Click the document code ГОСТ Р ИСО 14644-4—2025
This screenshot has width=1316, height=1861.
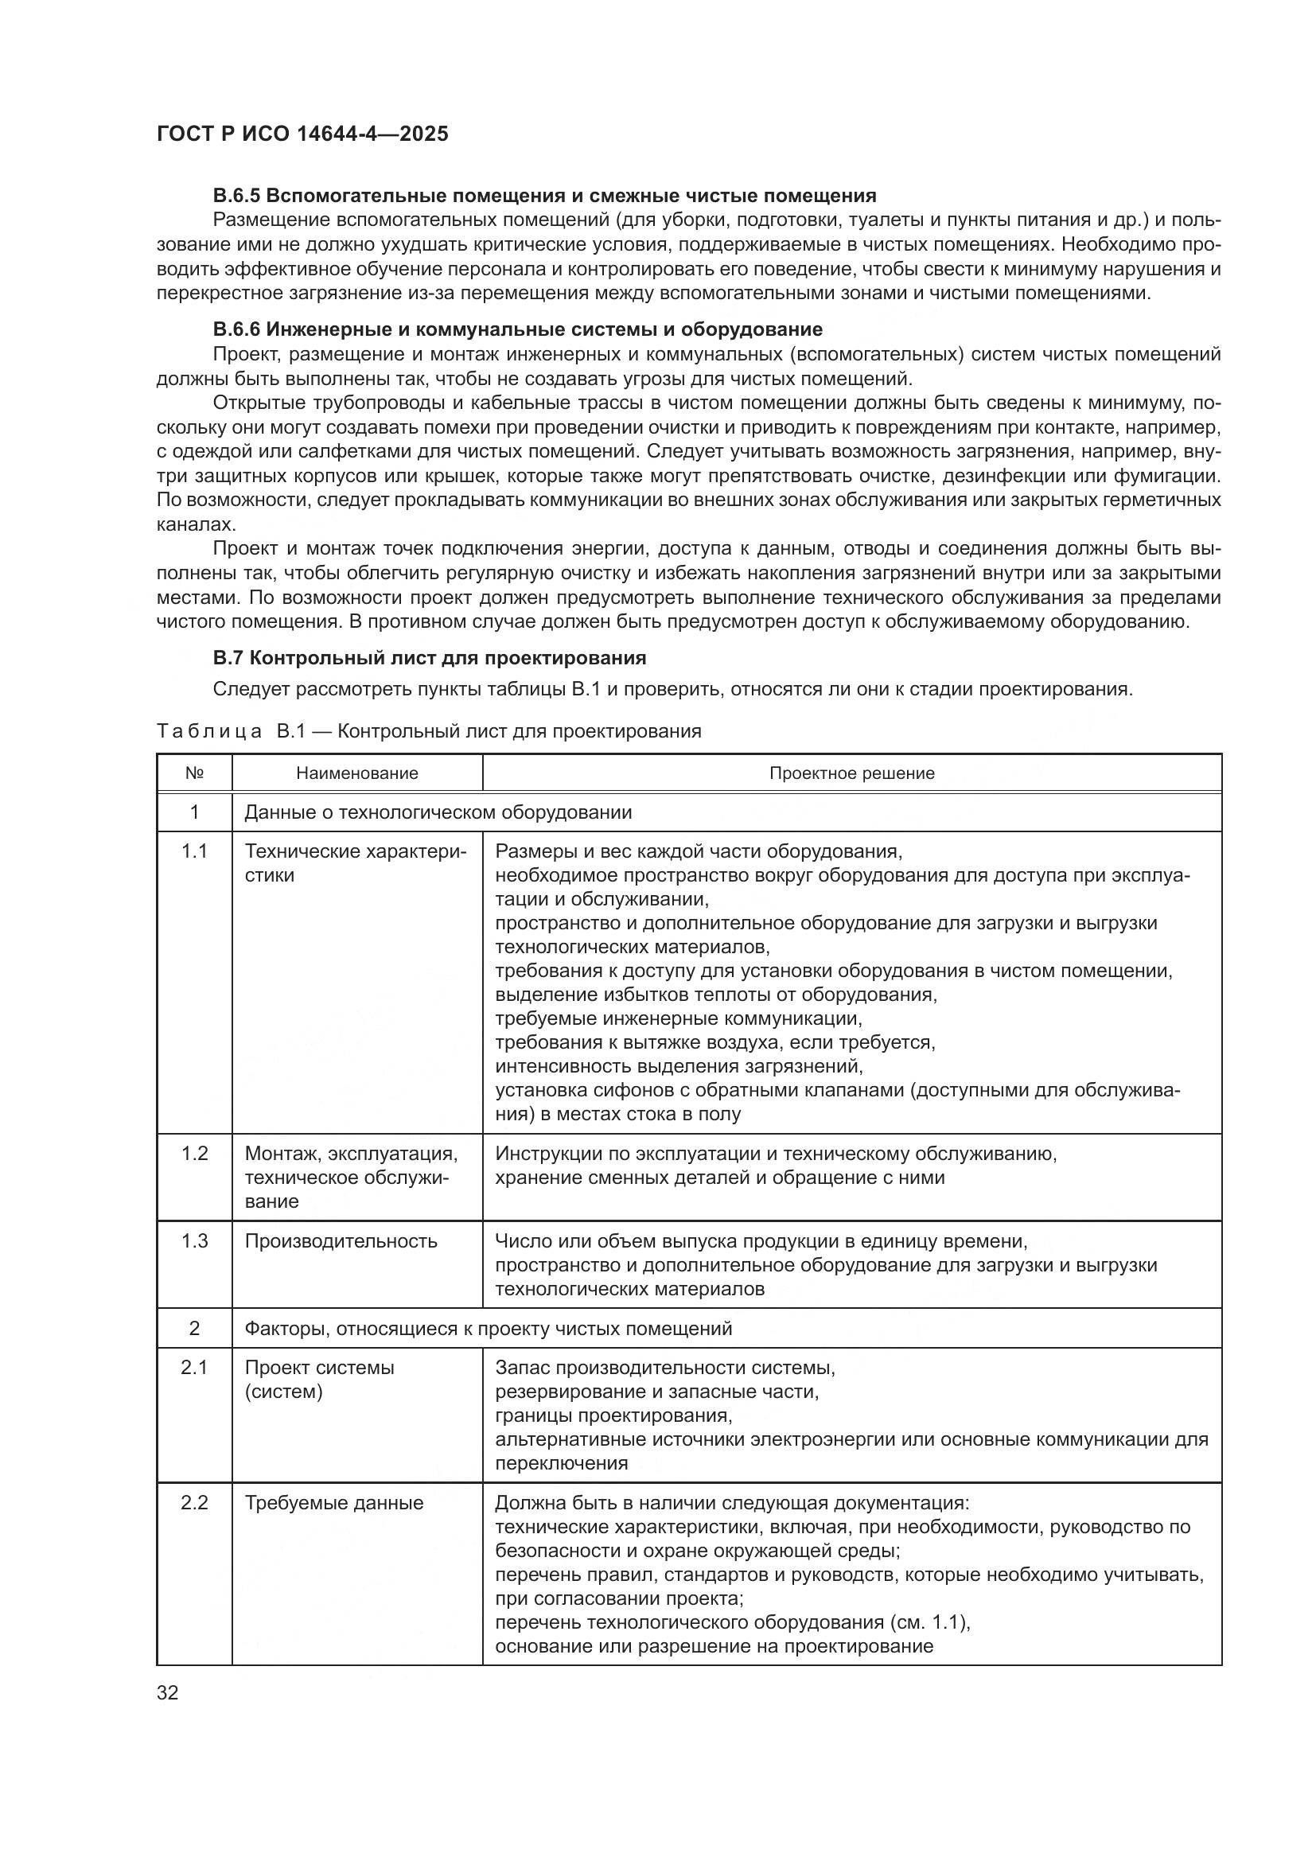302,134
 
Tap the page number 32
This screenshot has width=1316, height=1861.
168,1692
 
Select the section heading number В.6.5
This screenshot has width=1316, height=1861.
236,196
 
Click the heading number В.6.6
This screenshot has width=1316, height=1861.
236,329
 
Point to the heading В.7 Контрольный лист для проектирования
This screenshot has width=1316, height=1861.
430,657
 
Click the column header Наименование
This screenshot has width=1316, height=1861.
356,773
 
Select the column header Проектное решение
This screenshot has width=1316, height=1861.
851,773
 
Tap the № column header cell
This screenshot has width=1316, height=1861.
194,773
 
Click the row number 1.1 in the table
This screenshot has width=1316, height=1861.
194,851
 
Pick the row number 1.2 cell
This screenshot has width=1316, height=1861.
194,1154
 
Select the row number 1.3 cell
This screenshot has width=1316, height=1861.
194,1241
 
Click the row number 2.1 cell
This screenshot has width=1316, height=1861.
194,1368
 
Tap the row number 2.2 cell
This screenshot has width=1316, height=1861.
194,1503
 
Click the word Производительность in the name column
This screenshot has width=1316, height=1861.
341,1241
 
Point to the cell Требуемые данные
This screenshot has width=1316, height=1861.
334,1503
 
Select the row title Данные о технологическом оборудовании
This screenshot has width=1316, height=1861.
438,812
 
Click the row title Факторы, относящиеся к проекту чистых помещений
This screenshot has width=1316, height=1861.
488,1329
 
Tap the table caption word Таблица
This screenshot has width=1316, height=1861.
209,731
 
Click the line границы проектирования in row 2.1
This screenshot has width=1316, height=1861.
613,1415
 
